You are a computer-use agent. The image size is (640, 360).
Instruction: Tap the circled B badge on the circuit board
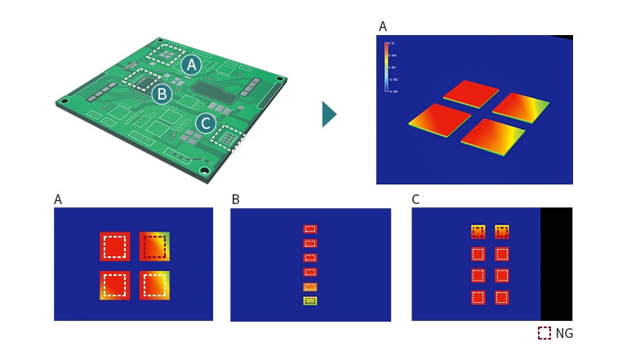tap(162, 94)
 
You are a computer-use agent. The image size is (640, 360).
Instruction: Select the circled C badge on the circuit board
tap(206, 124)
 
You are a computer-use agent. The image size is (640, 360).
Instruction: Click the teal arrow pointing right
tap(329, 114)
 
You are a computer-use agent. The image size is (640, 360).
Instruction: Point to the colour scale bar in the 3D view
tap(386, 66)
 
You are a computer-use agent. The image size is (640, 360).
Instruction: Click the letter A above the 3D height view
tap(383, 27)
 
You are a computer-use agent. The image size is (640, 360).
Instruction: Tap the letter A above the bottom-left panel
tap(58, 199)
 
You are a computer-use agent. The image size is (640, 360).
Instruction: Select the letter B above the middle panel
tap(235, 199)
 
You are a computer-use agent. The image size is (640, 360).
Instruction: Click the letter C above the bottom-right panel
tap(416, 199)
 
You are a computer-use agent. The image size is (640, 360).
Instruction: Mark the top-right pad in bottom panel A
tap(154, 246)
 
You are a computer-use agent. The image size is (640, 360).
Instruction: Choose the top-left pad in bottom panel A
tap(114, 246)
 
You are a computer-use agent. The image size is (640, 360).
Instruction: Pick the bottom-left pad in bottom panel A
tap(114, 285)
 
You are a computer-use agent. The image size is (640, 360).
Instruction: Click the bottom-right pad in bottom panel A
tap(154, 285)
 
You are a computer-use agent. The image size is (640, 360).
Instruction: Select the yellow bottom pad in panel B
tap(309, 301)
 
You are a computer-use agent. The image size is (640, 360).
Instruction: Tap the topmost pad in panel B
tap(309, 229)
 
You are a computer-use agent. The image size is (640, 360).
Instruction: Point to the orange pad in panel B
tap(309, 287)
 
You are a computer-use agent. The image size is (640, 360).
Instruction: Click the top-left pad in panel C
tap(478, 232)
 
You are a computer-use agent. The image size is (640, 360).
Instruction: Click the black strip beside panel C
tap(556, 263)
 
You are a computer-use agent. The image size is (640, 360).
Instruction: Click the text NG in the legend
tap(564, 334)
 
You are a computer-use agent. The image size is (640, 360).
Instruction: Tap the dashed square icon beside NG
tap(544, 333)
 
